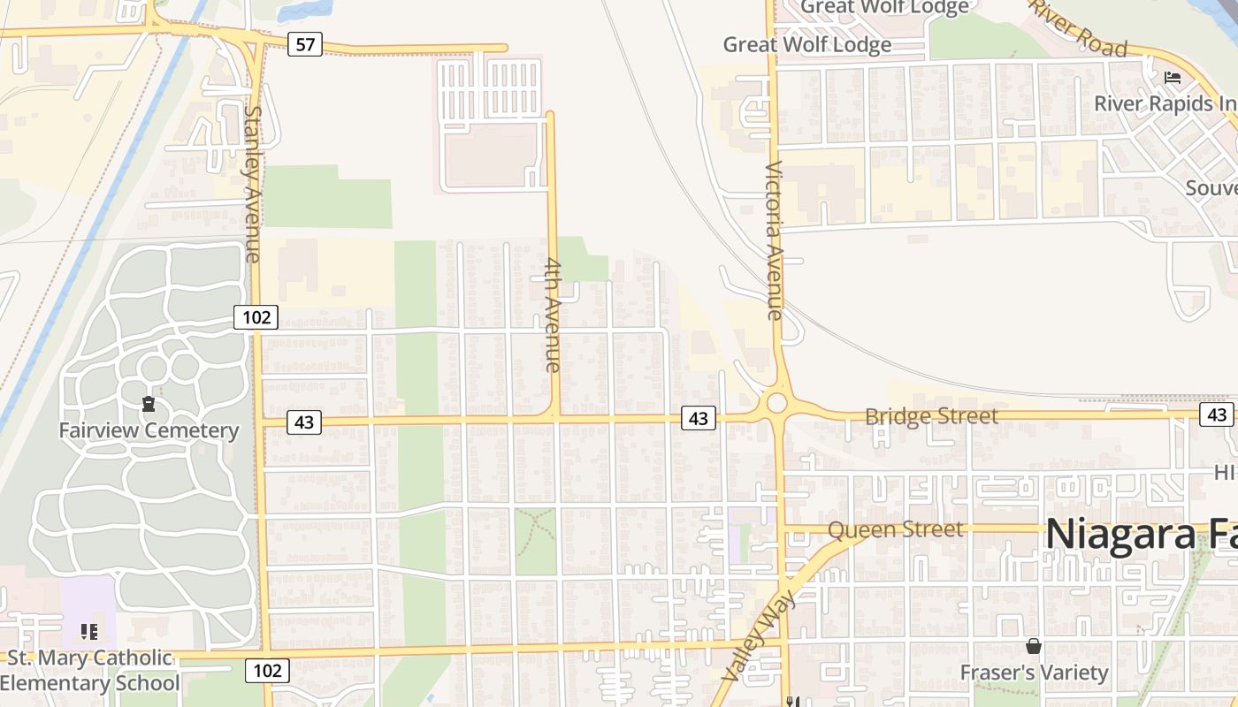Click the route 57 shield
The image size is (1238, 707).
pyautogui.click(x=304, y=43)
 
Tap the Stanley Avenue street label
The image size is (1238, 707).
pyautogui.click(x=253, y=185)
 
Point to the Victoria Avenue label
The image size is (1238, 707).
pyautogui.click(x=774, y=239)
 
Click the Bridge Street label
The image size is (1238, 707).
pyautogui.click(x=931, y=415)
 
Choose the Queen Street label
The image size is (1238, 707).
pyautogui.click(x=895, y=529)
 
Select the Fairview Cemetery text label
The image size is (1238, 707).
pyautogui.click(x=149, y=431)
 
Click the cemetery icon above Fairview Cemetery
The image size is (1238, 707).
pyautogui.click(x=149, y=405)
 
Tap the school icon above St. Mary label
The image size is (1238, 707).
pyautogui.click(x=88, y=632)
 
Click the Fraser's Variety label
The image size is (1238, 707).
pyautogui.click(x=1034, y=673)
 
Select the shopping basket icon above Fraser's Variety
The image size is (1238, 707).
pyautogui.click(x=1034, y=647)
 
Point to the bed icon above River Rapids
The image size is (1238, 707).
pyautogui.click(x=1173, y=78)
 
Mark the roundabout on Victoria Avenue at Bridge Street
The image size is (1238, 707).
pyautogui.click(x=776, y=403)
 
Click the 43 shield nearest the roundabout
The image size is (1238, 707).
pyautogui.click(x=698, y=418)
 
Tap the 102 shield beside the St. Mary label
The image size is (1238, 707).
pyautogui.click(x=266, y=671)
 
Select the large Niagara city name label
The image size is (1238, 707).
pyautogui.click(x=1141, y=534)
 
